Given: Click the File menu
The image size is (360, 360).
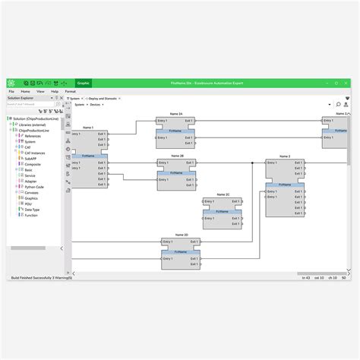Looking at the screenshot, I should click(x=11, y=91).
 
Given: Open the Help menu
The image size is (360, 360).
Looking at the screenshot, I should click(x=54, y=91).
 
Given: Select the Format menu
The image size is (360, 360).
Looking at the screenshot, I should click(x=71, y=91).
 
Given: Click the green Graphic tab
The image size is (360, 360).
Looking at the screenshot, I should click(x=84, y=82).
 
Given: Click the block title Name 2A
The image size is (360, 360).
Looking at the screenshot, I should click(x=175, y=114).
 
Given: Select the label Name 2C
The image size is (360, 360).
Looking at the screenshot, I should click(x=223, y=194).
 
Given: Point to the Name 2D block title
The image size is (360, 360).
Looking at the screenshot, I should click(x=180, y=235).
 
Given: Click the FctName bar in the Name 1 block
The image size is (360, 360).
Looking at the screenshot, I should click(x=88, y=156).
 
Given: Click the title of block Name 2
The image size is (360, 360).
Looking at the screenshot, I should click(x=285, y=156).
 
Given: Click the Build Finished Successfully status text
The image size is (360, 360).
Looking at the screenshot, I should click(x=38, y=279).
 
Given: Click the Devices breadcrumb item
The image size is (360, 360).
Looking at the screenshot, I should click(x=95, y=105).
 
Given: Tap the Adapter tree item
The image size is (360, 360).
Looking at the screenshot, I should click(x=30, y=182).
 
